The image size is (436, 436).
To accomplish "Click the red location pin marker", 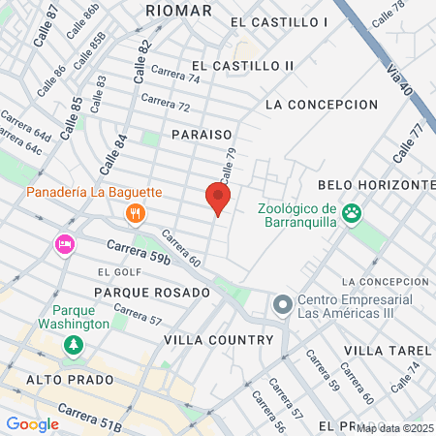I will [218, 199].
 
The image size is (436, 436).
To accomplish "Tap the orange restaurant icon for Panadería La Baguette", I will [137, 213].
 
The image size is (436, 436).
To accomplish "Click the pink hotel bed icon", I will [65, 243].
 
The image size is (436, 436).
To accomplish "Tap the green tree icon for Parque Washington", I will [72, 345].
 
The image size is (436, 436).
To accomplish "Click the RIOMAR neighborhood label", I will [178, 10].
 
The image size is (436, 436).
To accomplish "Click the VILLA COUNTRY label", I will [219, 340].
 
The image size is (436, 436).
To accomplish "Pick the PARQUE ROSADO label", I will [152, 292].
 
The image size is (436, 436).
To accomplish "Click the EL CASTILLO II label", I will [242, 65].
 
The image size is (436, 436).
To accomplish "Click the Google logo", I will [32, 423].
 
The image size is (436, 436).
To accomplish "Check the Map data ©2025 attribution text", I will [395, 428].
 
